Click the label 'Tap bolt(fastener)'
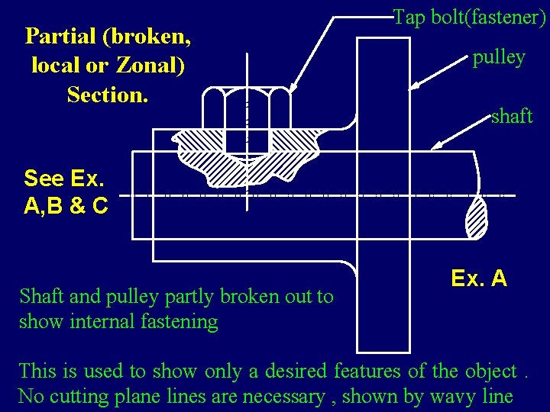coord(467,18)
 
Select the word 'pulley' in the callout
coord(498,58)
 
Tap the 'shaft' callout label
coord(511,116)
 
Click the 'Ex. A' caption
coord(479,278)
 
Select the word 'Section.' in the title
coord(108,95)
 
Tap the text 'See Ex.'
coord(64,179)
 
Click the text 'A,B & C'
coord(66,205)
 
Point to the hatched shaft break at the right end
coord(477,219)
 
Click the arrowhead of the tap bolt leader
coord(292,91)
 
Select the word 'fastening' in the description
coord(180,322)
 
